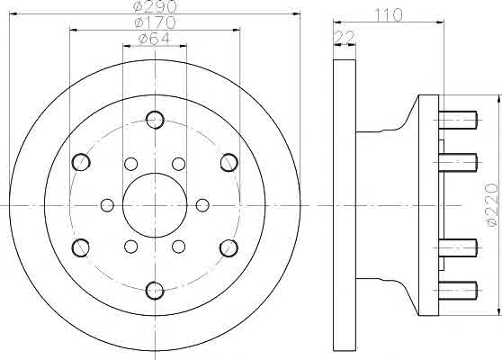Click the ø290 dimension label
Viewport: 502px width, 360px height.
[x=155, y=5]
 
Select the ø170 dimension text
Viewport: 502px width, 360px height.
[x=156, y=22]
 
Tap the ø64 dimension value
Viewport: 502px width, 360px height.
[x=154, y=39]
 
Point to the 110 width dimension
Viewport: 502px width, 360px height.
[x=389, y=14]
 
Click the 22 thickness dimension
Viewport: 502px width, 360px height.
[x=345, y=38]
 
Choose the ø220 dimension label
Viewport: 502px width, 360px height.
[x=492, y=205]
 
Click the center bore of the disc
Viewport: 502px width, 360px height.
[x=155, y=205]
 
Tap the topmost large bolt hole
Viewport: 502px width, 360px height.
[x=155, y=120]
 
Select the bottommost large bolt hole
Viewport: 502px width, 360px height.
[x=155, y=291]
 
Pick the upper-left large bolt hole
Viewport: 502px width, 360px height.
[x=81, y=162]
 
